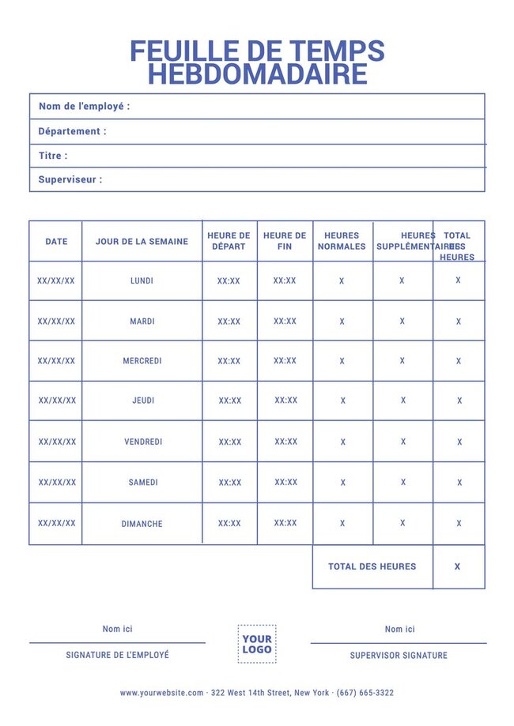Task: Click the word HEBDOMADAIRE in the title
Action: pos(257,74)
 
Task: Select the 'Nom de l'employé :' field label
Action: pos(84,106)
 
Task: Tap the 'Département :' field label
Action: pos(72,131)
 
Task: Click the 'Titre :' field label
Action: pos(53,156)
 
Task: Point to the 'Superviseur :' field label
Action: pos(70,179)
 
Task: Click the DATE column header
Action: pos(56,241)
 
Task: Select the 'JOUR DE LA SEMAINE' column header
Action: pos(142,241)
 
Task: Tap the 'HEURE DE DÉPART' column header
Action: pos(229,241)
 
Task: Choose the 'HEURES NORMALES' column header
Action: pos(342,241)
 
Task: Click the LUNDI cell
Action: pos(142,280)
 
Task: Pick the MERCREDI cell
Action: pos(142,361)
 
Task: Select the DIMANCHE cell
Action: pos(142,524)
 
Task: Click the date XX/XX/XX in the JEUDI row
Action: pos(57,401)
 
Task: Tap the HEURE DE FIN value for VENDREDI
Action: pos(286,442)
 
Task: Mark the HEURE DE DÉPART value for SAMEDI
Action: pos(230,483)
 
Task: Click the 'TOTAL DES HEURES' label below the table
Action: pos(372,566)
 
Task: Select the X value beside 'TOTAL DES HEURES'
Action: pos(457,566)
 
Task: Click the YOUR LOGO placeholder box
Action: pos(257,644)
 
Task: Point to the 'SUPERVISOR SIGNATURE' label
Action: pos(399,655)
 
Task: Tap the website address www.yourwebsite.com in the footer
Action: pos(161,693)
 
